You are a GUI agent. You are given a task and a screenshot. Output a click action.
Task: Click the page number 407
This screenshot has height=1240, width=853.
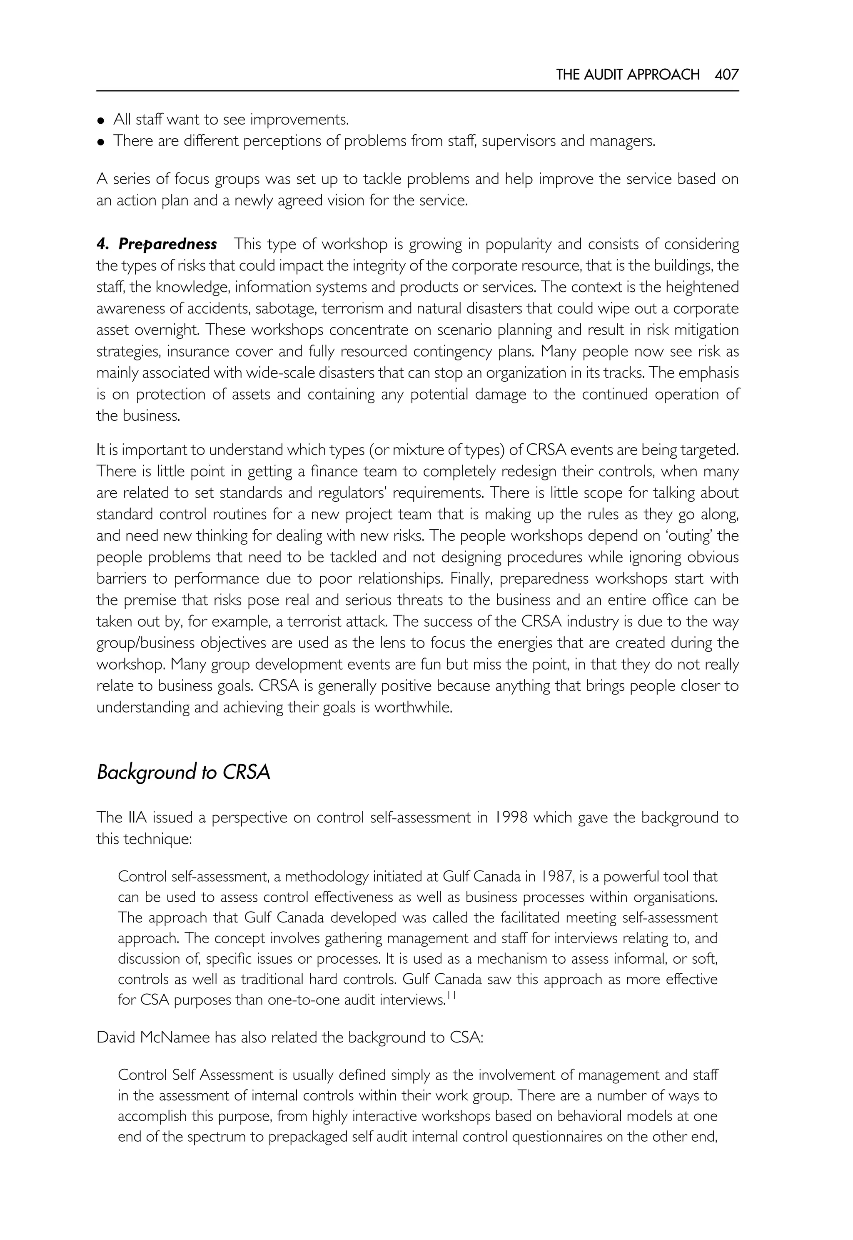(726, 74)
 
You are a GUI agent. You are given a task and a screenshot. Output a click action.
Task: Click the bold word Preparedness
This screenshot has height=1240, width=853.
(167, 244)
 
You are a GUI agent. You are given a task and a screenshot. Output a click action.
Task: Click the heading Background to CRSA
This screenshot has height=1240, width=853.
(183, 772)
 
